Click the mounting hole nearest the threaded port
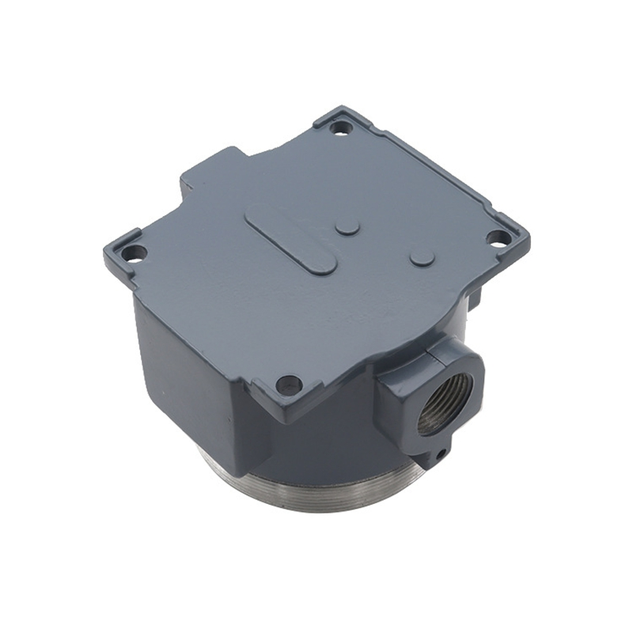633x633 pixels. point(290,385)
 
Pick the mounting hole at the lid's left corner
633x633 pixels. point(134,254)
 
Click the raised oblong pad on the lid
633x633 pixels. point(290,239)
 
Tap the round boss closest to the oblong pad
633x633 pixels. point(347,228)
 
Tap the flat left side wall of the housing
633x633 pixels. point(182,372)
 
